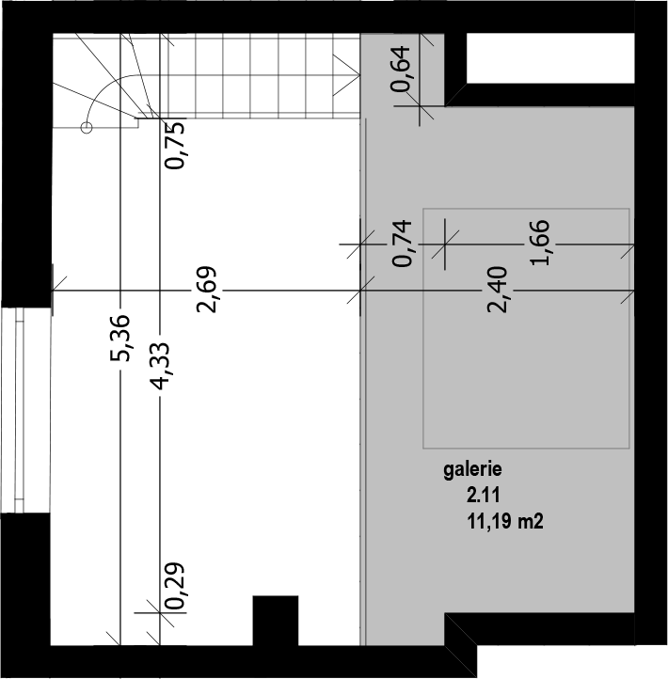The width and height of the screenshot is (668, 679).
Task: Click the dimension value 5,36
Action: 119,338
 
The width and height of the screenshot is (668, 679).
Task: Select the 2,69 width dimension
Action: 206,290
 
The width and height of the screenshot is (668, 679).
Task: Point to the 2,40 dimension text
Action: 498,290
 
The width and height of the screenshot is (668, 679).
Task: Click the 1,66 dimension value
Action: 540,243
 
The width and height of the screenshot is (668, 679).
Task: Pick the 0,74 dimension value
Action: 402,243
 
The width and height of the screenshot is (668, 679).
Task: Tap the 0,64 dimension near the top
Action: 400,69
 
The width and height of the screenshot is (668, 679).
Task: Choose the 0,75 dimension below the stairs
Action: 175,145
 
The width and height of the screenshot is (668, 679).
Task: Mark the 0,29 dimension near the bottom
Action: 175,586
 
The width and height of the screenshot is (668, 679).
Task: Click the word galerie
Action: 472,470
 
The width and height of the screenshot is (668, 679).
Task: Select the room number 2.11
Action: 483,495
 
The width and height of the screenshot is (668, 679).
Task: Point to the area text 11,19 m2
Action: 504,521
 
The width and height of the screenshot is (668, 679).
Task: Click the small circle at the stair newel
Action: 87,128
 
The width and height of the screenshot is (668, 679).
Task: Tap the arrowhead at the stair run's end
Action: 346,75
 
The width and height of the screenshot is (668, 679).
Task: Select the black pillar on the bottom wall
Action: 276,621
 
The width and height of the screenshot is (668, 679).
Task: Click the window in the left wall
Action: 12,410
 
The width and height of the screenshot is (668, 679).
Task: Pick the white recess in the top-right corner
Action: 550,58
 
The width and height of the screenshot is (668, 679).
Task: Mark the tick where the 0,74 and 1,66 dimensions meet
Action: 445,245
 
